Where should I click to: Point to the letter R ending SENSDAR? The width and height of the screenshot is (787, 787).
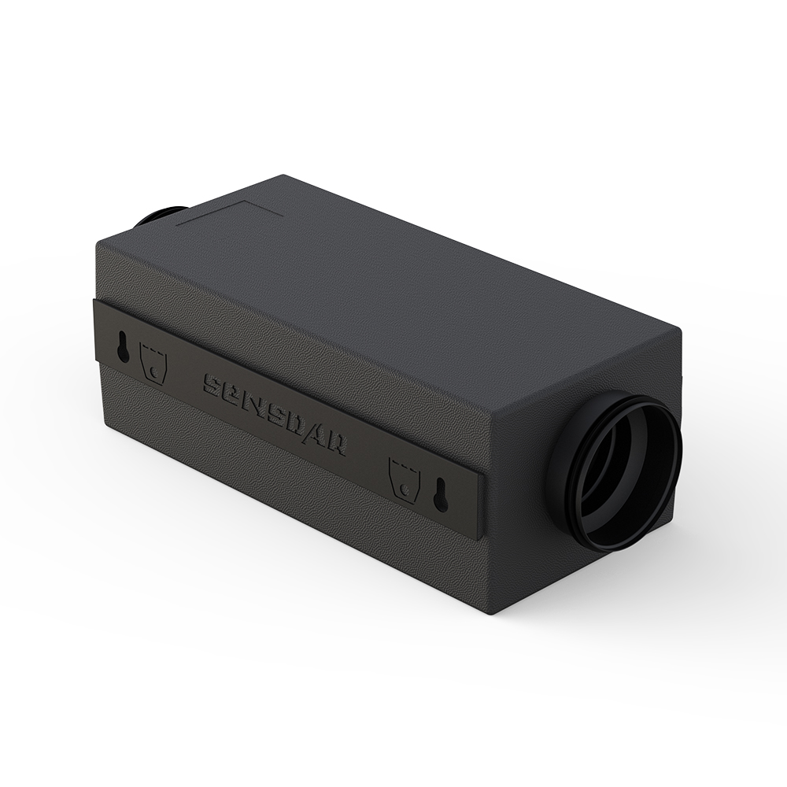tap(336, 442)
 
